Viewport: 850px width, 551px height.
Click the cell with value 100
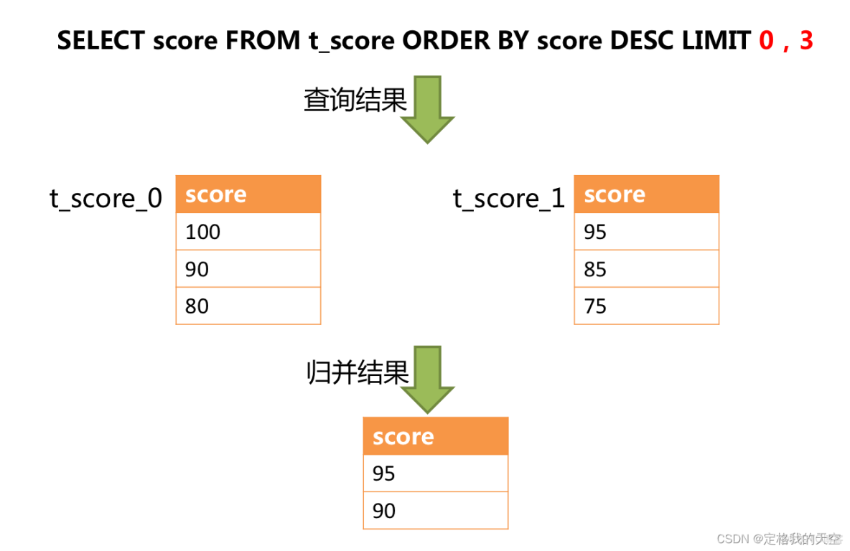(x=248, y=232)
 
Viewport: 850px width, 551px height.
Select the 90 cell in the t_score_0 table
(x=248, y=269)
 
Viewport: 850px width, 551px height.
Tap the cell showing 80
(x=248, y=306)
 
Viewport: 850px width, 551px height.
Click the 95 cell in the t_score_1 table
(x=646, y=232)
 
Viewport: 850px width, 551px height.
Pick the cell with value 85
(x=646, y=269)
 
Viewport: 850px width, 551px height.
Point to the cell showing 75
(x=646, y=306)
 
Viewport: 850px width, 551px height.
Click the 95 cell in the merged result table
(x=435, y=474)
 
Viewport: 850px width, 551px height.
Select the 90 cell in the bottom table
(x=435, y=511)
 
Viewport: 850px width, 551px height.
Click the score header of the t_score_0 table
(x=248, y=194)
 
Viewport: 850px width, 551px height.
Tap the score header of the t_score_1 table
(x=646, y=194)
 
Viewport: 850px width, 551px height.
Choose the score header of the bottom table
(x=435, y=436)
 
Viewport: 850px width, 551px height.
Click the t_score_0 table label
(x=106, y=198)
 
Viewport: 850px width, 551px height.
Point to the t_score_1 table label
(x=509, y=198)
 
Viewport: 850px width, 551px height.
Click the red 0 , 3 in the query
(x=785, y=41)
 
